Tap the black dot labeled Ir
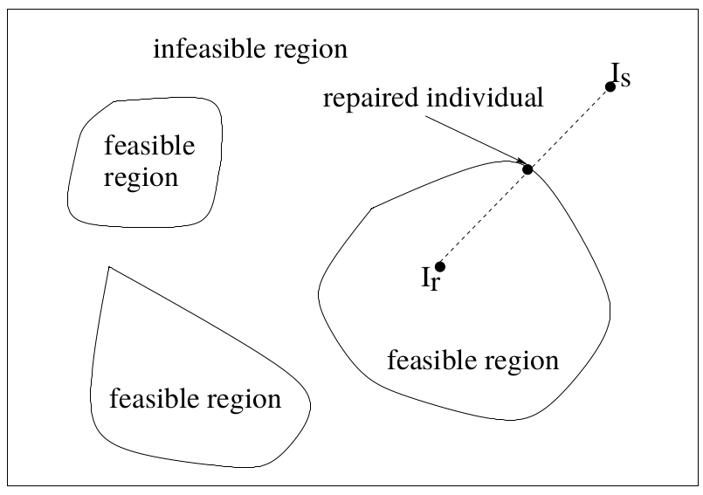coord(440,266)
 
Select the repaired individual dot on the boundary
coord(527,169)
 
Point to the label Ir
coord(430,280)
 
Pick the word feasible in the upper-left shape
coord(149,145)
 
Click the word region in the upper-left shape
coord(141,179)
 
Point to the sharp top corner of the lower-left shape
coord(107,266)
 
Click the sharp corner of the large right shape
coord(372,208)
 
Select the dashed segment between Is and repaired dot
coord(569,127)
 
